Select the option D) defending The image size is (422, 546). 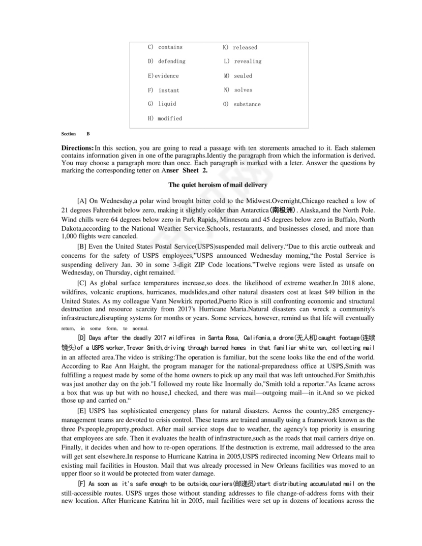point(167,62)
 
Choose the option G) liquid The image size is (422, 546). point(162,104)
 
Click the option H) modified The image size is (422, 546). point(165,118)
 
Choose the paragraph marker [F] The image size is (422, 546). point(82,484)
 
